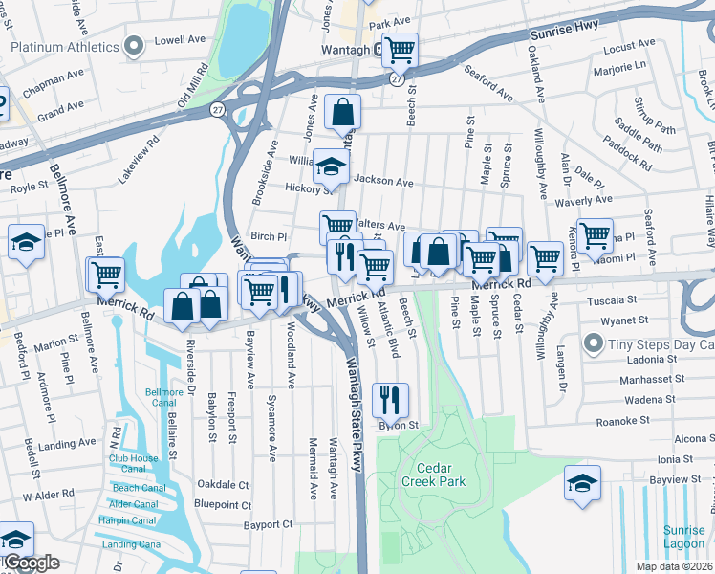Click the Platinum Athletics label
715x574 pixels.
pyautogui.click(x=65, y=46)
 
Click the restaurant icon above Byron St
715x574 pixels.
pyautogui.click(x=390, y=400)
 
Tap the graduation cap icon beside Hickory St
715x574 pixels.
pyautogui.click(x=332, y=168)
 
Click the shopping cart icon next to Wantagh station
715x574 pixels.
pyautogui.click(x=400, y=49)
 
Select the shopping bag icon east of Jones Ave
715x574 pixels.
pyautogui.click(x=342, y=112)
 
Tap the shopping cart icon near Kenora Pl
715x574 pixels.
pyautogui.click(x=595, y=234)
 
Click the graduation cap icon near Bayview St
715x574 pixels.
pyautogui.click(x=582, y=483)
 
